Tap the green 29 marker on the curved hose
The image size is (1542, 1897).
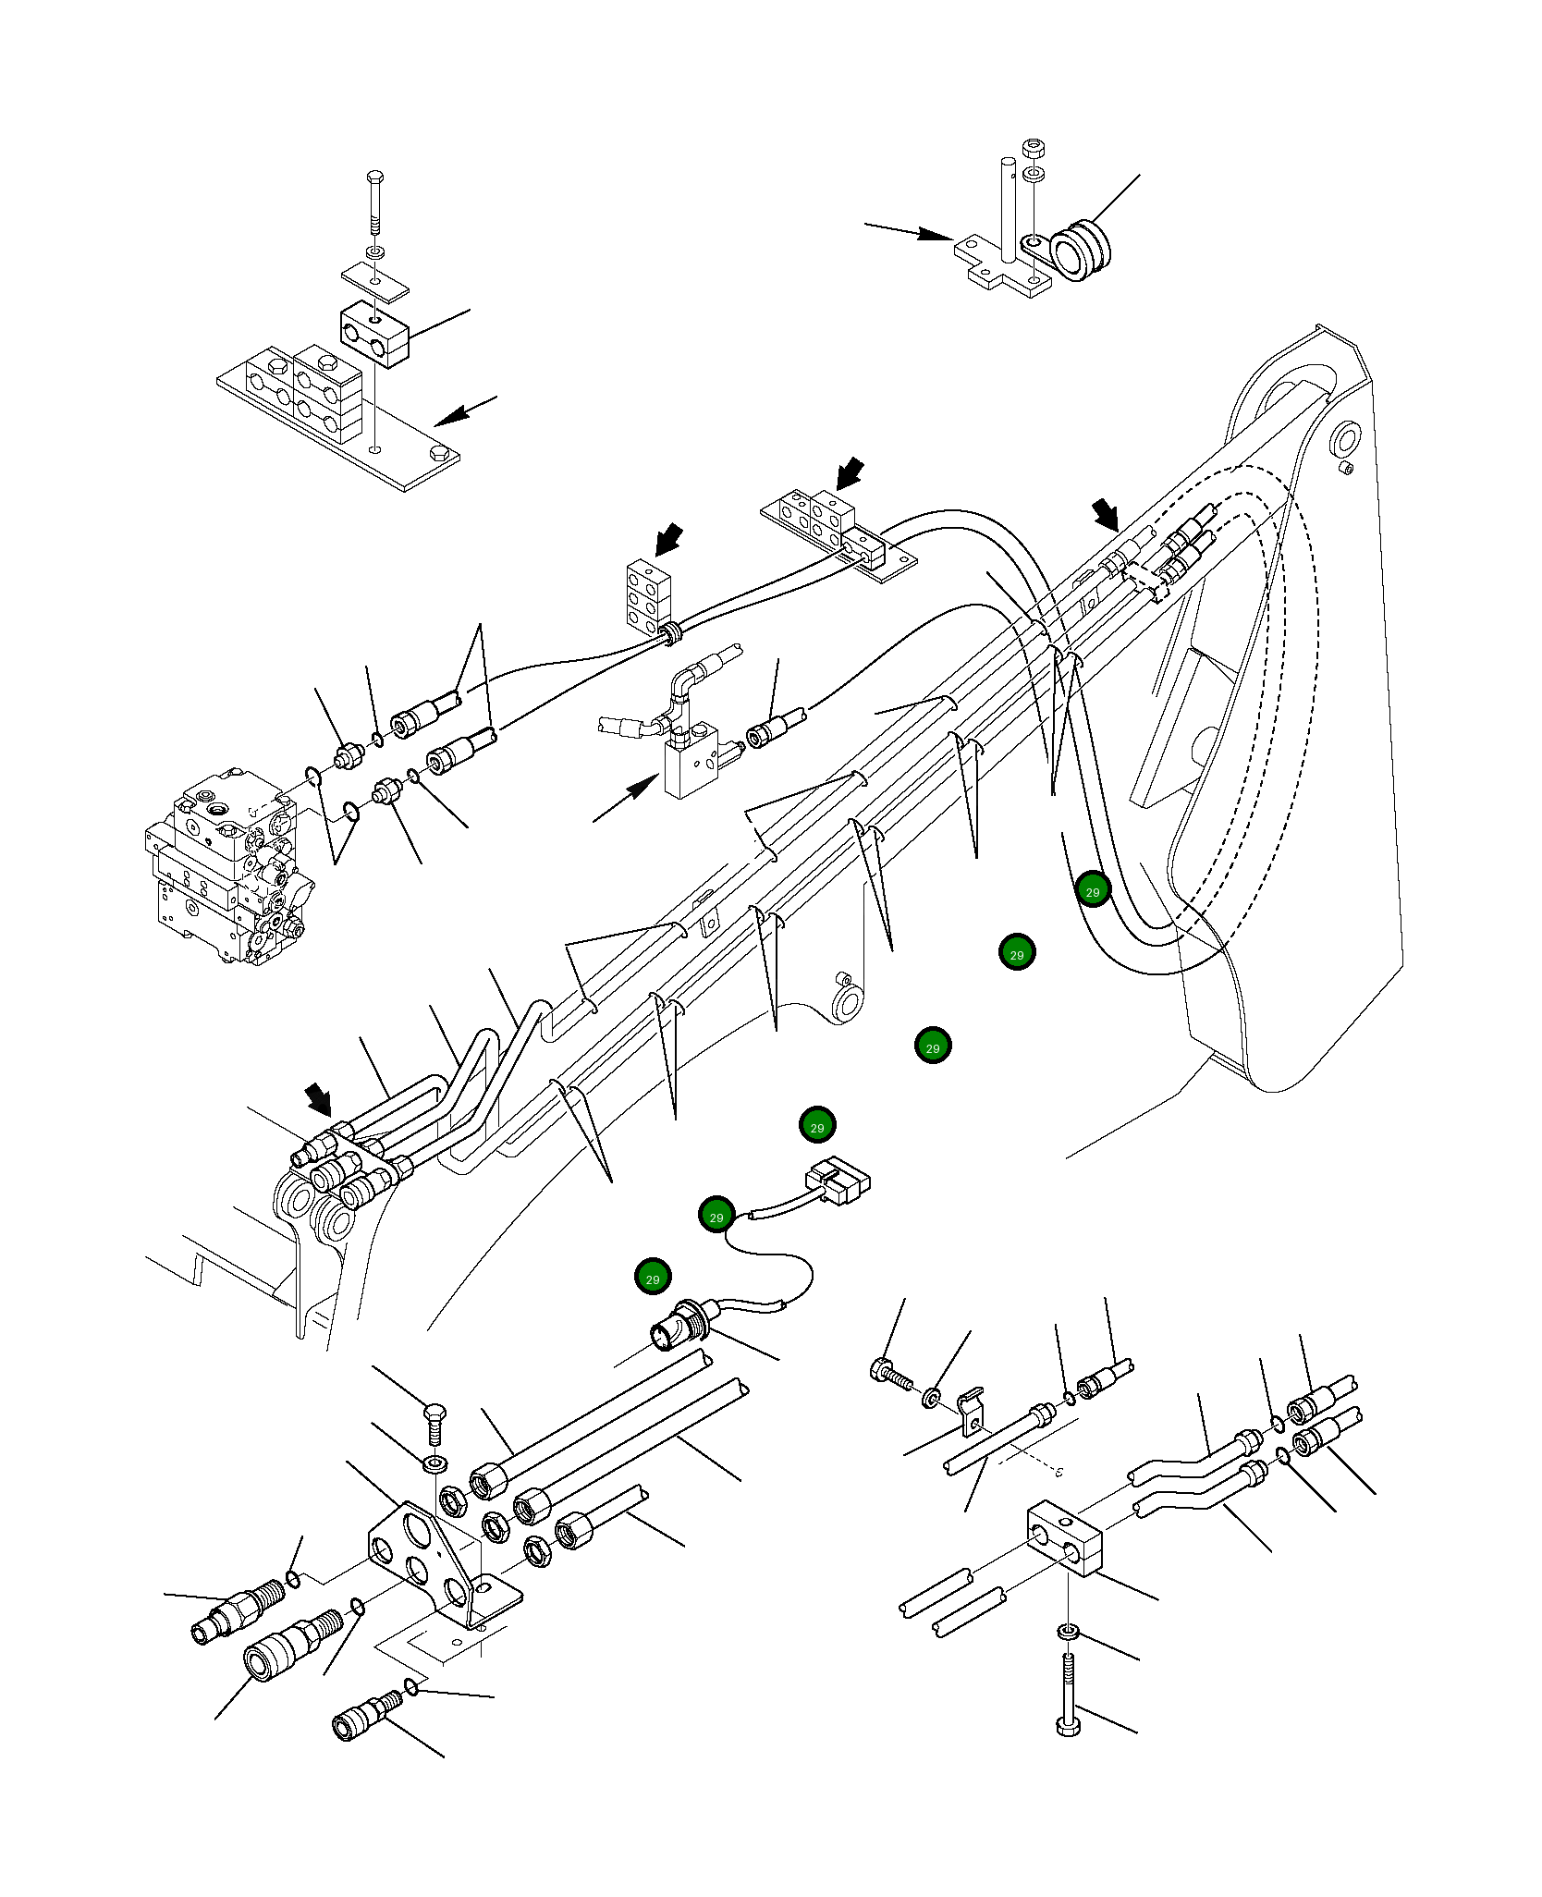click(x=1093, y=890)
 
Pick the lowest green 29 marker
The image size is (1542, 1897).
click(x=653, y=1278)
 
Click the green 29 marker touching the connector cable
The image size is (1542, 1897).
click(x=716, y=1215)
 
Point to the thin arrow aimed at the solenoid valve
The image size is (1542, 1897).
click(x=625, y=799)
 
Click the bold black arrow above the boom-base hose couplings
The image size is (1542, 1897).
click(x=318, y=1099)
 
